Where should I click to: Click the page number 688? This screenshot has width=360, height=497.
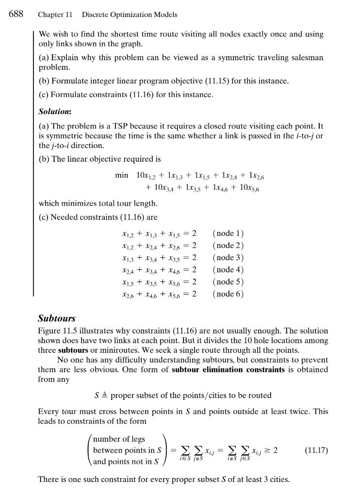coord(16,14)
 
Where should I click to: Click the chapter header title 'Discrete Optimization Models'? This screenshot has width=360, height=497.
coord(129,15)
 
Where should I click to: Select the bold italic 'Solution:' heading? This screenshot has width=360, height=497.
coord(55,112)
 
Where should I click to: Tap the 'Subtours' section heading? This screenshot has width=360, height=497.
coord(57,318)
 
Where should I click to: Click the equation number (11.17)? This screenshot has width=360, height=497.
coord(316,450)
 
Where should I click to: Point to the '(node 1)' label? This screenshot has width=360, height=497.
coord(228,233)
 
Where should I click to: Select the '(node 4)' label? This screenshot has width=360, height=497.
coord(228,270)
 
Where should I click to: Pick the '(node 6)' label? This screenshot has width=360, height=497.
coord(228,294)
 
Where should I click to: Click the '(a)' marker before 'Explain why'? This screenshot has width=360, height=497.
coord(44,57)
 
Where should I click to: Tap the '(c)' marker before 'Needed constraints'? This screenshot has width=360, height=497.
coord(44,217)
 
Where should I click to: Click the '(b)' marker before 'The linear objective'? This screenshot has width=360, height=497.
coord(44,159)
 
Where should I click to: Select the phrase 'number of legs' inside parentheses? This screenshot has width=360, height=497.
coord(119,439)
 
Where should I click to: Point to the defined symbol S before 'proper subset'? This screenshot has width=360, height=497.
coord(97,396)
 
